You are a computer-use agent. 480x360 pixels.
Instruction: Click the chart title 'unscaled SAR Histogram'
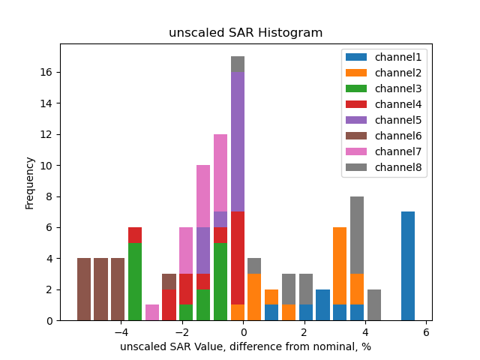(245, 33)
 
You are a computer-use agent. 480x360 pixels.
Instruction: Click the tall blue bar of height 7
(408, 265)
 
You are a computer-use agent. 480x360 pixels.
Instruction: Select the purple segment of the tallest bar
(238, 142)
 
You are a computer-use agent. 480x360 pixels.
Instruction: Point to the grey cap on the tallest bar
(238, 64)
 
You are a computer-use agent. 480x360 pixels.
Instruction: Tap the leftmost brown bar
(84, 289)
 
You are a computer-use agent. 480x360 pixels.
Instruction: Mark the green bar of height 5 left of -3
(135, 281)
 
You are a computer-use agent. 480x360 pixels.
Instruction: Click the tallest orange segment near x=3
(340, 265)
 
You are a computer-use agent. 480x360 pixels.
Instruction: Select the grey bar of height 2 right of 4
(374, 304)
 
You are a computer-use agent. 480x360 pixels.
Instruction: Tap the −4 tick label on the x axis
(120, 331)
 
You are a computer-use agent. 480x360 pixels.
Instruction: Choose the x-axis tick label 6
(426, 331)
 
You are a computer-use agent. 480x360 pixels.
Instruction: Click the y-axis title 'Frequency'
(30, 182)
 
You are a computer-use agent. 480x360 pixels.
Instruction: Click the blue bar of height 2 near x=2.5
(322, 304)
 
